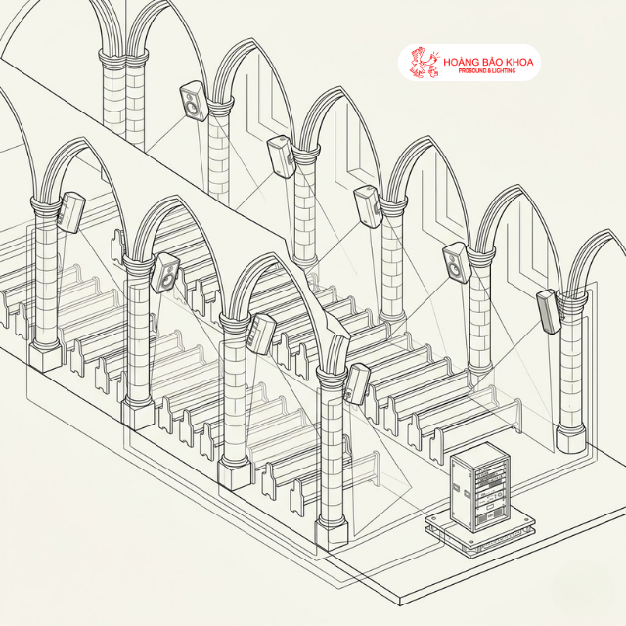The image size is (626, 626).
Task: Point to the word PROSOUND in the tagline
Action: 472,71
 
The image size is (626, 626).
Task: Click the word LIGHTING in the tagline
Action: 504,71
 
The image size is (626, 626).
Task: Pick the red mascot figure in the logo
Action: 424,63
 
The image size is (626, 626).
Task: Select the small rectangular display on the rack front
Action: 490,508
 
